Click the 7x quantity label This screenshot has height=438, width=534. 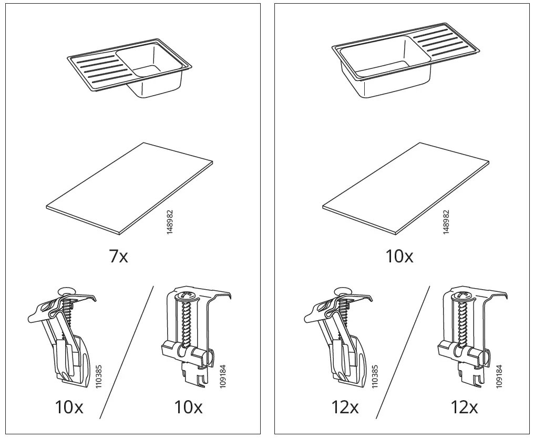point(118,256)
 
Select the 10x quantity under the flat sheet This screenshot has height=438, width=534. point(399,256)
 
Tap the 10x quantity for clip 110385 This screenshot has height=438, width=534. point(69,407)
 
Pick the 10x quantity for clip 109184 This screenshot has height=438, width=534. point(188,407)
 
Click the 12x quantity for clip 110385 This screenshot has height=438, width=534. point(345,407)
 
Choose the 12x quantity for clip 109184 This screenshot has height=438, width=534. point(465,407)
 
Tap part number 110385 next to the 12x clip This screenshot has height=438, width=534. point(374,377)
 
